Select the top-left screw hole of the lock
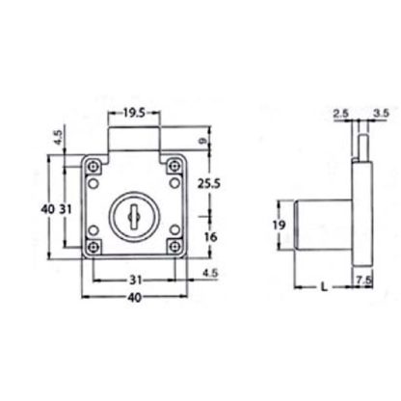pyautogui.click(x=92, y=166)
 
